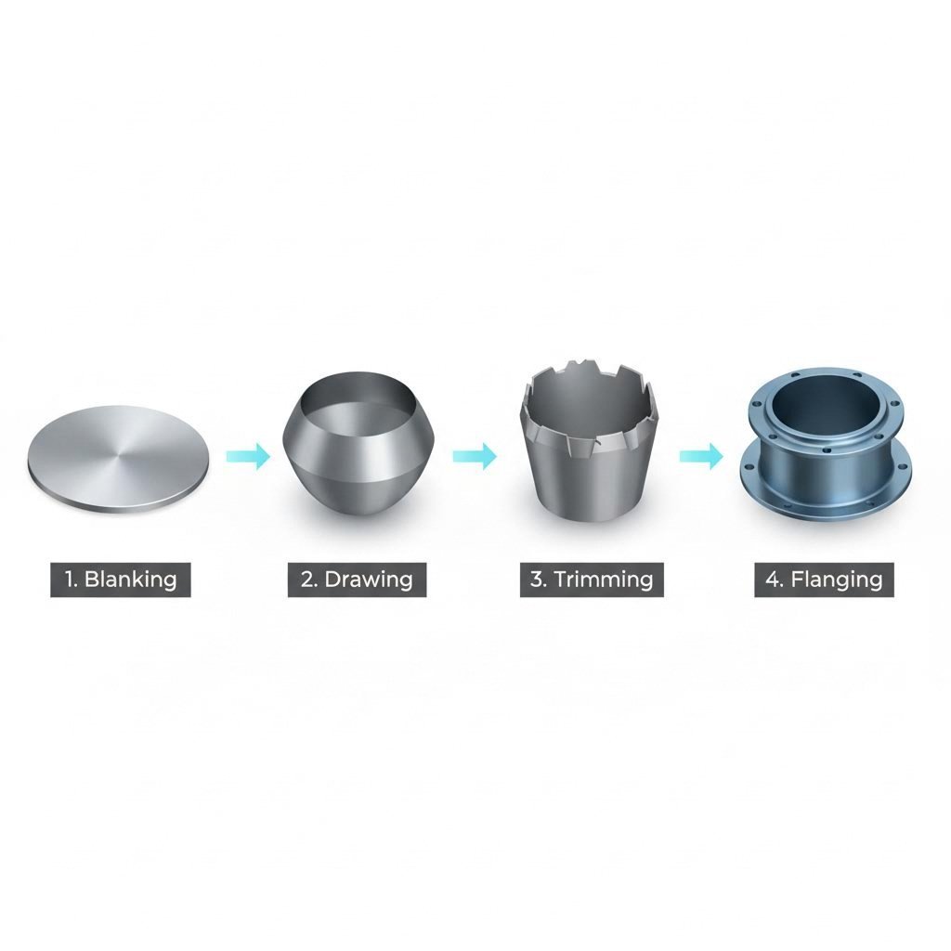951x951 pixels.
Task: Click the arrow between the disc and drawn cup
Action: click(248, 455)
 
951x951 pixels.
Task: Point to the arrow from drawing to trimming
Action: click(475, 455)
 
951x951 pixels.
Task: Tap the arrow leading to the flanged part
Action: click(701, 455)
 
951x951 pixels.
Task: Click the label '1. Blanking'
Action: click(121, 580)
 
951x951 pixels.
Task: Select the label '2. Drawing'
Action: click(357, 580)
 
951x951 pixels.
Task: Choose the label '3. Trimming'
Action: click(592, 580)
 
